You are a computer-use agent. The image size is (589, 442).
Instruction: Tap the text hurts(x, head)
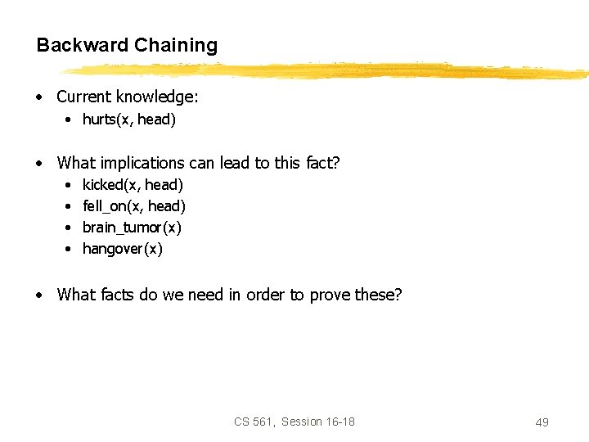click(129, 120)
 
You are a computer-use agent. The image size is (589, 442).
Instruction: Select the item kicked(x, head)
click(133, 185)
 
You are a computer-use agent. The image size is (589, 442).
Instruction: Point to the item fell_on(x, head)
click(134, 206)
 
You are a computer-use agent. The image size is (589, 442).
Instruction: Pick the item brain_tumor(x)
click(132, 228)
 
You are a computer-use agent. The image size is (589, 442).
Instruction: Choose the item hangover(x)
click(123, 249)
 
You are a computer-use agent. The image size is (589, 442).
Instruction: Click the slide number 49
click(542, 422)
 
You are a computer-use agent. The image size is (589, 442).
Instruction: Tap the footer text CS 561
click(254, 422)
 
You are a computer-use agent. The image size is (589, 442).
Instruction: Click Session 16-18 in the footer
click(318, 422)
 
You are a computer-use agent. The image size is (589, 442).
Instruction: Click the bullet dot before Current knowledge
click(39, 97)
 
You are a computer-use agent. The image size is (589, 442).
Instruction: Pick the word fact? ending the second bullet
click(321, 163)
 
